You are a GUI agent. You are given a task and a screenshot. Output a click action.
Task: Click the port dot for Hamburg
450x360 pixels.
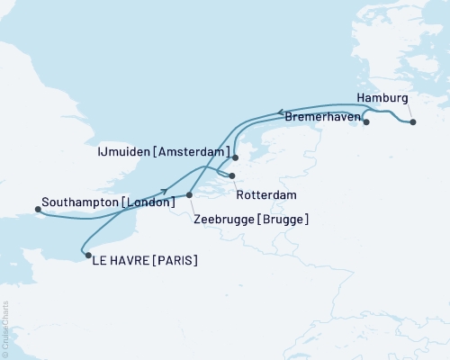click(412, 121)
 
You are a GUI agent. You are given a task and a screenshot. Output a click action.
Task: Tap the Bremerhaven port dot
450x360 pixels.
click(366, 121)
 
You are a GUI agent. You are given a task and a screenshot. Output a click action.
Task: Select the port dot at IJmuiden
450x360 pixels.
click(235, 157)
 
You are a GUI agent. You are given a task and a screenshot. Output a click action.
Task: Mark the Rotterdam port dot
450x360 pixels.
click(232, 175)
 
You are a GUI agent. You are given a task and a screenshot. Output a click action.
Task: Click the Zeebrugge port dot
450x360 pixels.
click(190, 194)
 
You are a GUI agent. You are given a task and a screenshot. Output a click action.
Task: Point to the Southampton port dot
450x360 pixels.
click(38, 210)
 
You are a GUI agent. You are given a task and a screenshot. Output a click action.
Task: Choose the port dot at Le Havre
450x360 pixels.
click(87, 256)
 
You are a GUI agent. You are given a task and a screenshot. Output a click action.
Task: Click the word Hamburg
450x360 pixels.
click(382, 97)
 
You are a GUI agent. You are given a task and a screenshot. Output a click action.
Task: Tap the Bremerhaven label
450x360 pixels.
click(323, 117)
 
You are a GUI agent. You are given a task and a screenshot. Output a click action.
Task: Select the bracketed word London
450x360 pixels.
click(148, 202)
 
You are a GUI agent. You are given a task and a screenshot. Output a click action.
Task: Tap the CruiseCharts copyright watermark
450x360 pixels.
click(6, 328)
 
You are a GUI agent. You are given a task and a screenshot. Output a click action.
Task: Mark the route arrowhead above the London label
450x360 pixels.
click(164, 190)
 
